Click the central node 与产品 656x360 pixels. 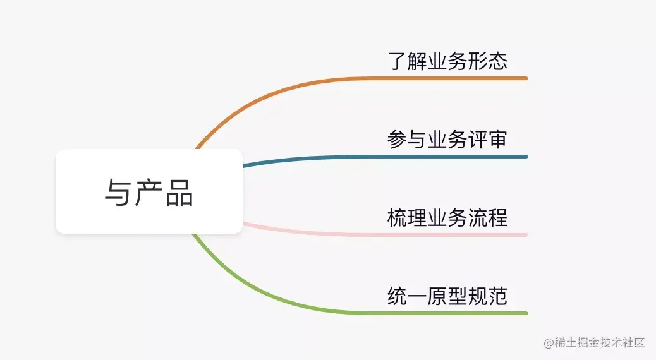tap(149, 191)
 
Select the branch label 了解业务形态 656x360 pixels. tap(447, 61)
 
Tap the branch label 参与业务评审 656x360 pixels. tap(447, 140)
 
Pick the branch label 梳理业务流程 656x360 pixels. tap(447, 218)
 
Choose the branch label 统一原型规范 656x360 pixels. tap(447, 296)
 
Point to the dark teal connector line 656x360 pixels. tap(379, 157)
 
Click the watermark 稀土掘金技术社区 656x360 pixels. tap(600, 343)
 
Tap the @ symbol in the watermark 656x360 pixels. tap(549, 343)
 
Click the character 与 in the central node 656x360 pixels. tap(118, 192)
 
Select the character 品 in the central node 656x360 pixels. tap(179, 192)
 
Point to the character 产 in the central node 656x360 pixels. tap(149, 192)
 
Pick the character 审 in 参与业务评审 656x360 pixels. tap(497, 140)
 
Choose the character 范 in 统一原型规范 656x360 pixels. tap(497, 296)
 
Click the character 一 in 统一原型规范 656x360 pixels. tap(417, 296)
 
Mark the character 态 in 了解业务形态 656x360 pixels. tap(497, 61)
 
